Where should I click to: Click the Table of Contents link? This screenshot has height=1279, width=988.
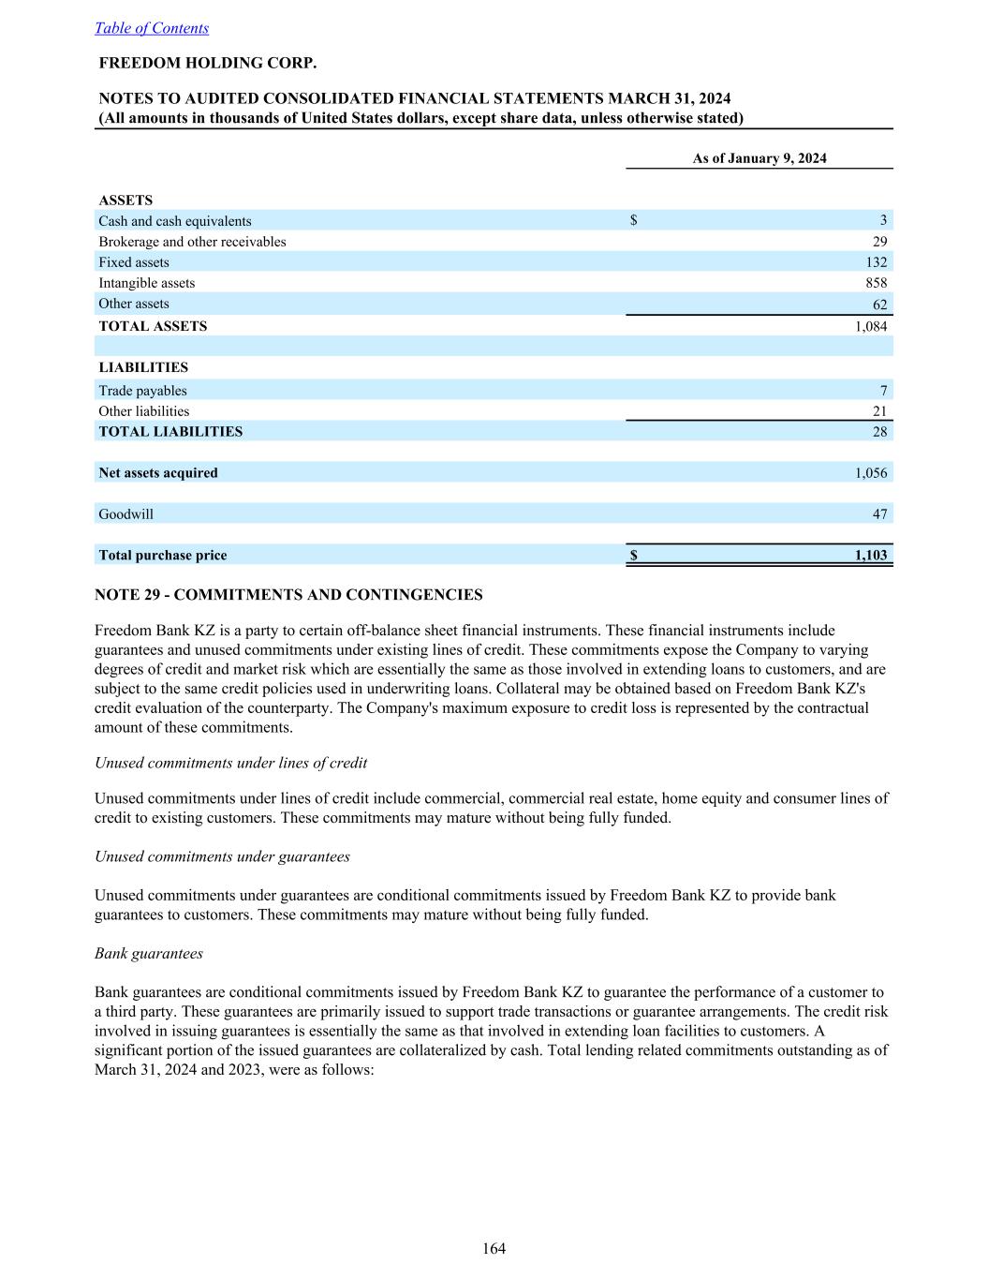152,28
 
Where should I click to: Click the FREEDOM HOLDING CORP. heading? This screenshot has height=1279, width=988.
208,64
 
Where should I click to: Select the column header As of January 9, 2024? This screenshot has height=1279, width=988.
759,158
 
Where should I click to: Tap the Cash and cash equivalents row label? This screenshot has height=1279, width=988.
175,221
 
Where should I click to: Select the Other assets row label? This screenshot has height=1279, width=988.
134,304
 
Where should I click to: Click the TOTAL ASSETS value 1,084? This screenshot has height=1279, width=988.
871,326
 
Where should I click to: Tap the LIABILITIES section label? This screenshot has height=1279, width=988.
143,367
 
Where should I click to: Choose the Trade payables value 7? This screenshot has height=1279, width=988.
883,391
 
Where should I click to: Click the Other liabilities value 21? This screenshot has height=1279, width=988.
879,411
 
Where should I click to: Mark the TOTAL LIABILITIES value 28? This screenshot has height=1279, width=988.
879,432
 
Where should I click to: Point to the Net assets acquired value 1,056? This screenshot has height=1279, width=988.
871,473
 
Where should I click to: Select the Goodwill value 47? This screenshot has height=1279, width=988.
879,514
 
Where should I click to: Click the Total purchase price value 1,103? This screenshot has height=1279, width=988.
871,556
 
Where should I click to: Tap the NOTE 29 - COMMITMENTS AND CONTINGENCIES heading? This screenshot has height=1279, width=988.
288,595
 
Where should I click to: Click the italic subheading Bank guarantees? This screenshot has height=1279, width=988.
149,953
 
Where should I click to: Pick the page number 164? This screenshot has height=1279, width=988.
494,1248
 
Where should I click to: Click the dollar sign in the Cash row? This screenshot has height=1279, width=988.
634,221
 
